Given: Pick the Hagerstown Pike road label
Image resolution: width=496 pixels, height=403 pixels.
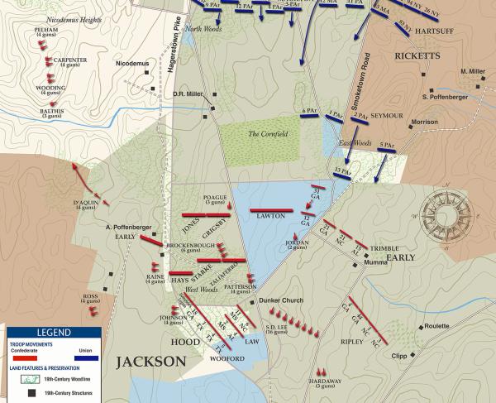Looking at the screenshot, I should coord(174,55).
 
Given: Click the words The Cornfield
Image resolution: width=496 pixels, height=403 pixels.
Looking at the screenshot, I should coord(266,133).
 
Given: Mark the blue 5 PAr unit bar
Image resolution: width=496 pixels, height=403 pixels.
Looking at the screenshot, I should coord(387,151).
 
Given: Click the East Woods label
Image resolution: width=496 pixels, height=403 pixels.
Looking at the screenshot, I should coord(353,143).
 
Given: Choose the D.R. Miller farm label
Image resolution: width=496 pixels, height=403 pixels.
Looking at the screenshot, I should coord(188,93).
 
